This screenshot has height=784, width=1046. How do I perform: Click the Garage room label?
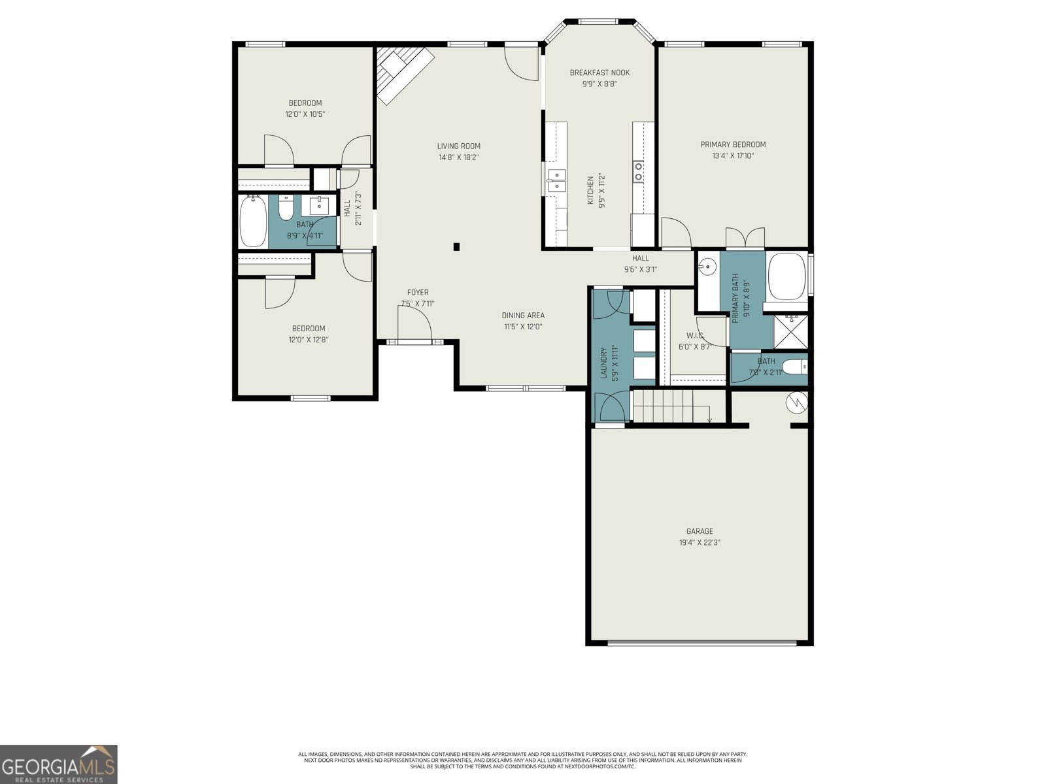tap(700, 531)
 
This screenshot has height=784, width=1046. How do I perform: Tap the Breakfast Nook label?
tap(599, 73)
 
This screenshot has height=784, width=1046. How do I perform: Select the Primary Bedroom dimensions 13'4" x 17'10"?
tap(733, 156)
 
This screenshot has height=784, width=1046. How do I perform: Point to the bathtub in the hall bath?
tap(253, 221)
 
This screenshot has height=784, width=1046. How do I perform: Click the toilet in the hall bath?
tap(286, 208)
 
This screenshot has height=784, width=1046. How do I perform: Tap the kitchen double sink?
tap(557, 180)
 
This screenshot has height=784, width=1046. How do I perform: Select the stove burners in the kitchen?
tap(638, 171)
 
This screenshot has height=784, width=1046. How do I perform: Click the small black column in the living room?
tap(456, 246)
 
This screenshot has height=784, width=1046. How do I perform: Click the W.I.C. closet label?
tap(694, 335)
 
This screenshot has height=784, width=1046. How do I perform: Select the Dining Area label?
tap(523, 316)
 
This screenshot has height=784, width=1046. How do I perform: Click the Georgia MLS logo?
tap(59, 763)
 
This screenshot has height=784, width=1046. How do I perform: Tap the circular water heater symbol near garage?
tap(797, 403)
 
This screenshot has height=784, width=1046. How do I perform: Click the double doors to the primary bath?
tap(745, 238)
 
